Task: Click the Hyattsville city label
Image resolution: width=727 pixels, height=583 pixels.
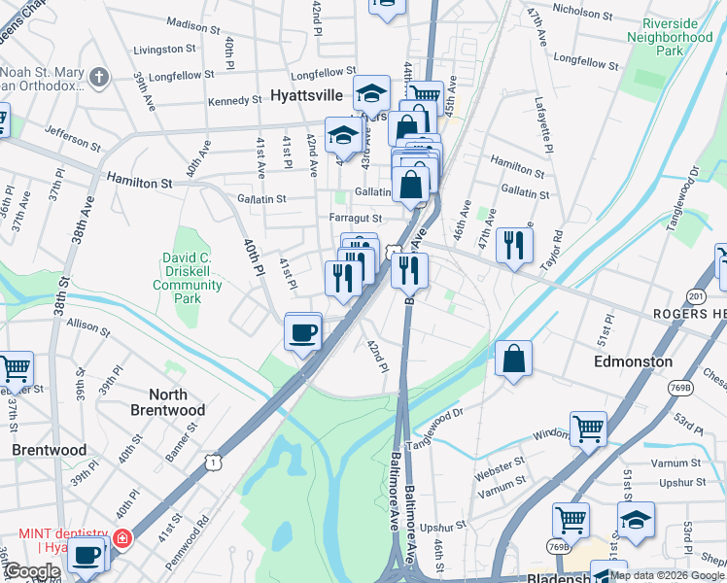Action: pos(306,95)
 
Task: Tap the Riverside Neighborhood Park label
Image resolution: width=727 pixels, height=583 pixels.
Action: pos(670,37)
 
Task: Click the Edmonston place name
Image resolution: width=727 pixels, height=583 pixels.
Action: pos(633,361)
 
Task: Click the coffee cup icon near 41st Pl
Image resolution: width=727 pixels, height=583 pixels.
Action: pos(303,333)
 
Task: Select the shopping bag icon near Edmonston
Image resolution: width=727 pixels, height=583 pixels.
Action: pos(513,359)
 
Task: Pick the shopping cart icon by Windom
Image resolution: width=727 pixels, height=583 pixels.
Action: pos(588,428)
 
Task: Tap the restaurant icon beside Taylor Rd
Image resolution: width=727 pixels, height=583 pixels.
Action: pos(514,246)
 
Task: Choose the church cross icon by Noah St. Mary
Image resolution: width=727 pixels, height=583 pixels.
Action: pos(97,77)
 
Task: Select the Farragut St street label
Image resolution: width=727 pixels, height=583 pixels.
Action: pos(356,219)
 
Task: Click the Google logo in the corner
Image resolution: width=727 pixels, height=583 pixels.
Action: pos(32,571)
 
